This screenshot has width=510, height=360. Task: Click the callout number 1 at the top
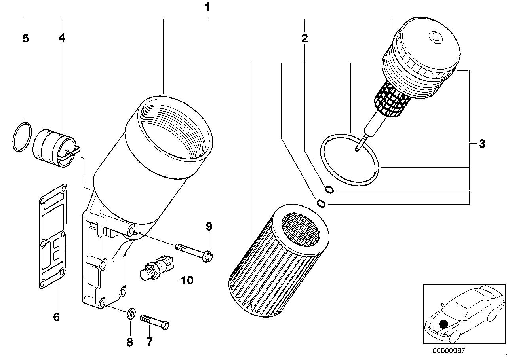pyautogui.click(x=207, y=7)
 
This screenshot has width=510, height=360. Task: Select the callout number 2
pyautogui.click(x=304, y=38)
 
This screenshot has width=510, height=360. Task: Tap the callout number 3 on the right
pyautogui.click(x=481, y=144)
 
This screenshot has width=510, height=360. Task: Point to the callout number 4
pyautogui.click(x=62, y=38)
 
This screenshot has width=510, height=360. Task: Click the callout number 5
pyautogui.click(x=25, y=38)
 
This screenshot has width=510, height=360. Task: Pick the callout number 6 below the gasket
pyautogui.click(x=56, y=316)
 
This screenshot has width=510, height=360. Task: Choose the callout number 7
pyautogui.click(x=149, y=342)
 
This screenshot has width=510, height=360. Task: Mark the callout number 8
pyautogui.click(x=130, y=342)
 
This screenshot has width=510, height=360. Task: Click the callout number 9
pyautogui.click(x=209, y=227)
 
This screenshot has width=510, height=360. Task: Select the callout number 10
pyautogui.click(x=187, y=280)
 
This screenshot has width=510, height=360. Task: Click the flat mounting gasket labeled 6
pyautogui.click(x=53, y=235)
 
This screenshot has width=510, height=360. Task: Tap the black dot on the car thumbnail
pyautogui.click(x=444, y=324)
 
